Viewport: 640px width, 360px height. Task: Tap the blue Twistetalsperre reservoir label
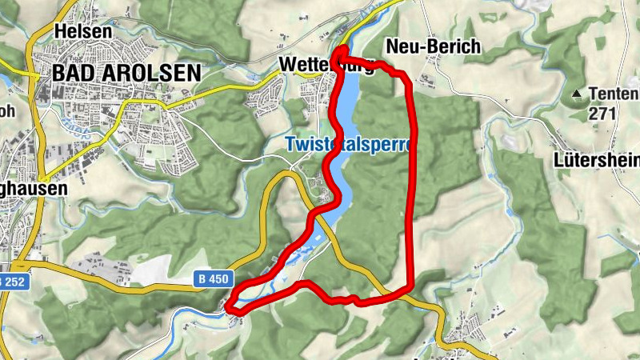(348, 146)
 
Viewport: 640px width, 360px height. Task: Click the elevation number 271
(602, 113)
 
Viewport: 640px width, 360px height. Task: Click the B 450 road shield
(214, 278)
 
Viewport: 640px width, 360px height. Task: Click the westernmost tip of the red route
(229, 306)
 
